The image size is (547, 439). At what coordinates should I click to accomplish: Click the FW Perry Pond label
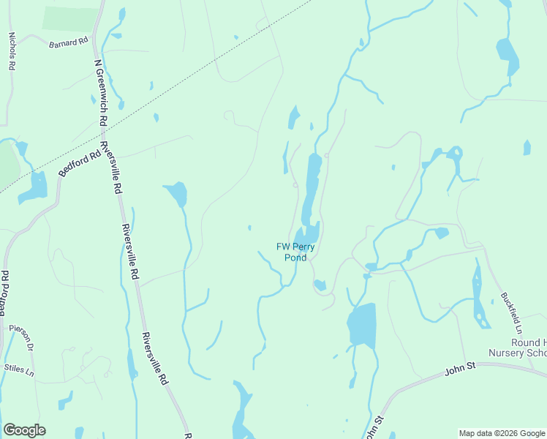coord(295,252)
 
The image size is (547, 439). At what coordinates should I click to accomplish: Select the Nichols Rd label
coord(12,50)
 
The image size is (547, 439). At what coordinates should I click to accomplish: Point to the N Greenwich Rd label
coord(101,91)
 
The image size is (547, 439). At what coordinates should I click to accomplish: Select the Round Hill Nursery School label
coord(521,348)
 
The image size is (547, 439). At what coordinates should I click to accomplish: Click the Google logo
coord(24,430)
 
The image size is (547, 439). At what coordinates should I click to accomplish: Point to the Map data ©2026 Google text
coord(502,433)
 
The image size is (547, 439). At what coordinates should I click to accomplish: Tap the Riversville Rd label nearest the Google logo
coord(155,359)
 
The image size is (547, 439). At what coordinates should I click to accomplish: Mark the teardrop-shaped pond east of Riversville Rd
coord(178,194)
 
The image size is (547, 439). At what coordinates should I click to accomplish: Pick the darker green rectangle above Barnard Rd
coord(70,19)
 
